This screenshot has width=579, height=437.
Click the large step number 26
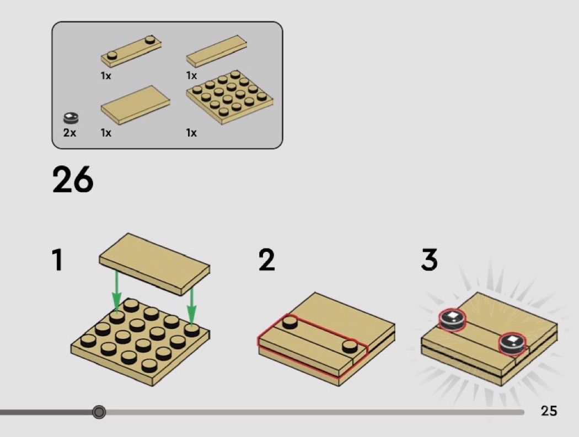pos(73,180)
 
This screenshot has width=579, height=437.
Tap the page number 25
pos(549,411)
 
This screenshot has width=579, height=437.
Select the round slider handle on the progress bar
pos(99,412)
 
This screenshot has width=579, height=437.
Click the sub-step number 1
pos(57,260)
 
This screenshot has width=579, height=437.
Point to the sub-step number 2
pos(266,260)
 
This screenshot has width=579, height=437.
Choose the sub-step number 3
pos(429,260)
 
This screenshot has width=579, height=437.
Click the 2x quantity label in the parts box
pos(69,132)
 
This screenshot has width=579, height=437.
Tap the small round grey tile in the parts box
pos(71,118)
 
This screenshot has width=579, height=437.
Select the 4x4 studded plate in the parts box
pos(230,96)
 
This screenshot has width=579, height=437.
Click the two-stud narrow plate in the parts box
pos(131,51)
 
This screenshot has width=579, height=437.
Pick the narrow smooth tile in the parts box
pos(217,51)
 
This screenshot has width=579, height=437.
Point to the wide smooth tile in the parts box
pos(136,105)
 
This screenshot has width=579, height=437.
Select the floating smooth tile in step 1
pos(154,264)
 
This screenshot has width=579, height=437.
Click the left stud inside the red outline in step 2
pos(290,322)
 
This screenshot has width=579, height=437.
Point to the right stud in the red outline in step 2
pos(350,346)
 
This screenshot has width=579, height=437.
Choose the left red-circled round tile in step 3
pos(452,320)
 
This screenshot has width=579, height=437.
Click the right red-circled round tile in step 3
pos(512,344)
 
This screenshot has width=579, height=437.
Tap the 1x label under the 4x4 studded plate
pos(191,132)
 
